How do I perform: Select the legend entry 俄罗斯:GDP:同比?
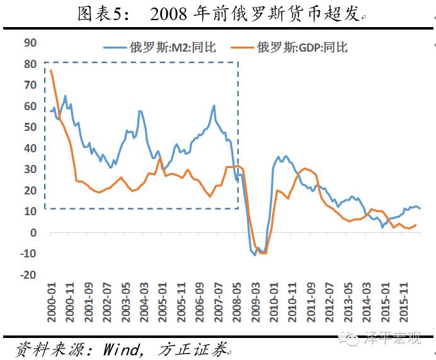[302, 47]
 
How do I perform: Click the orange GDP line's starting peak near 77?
[50, 70]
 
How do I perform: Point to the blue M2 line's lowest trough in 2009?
[255, 255]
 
